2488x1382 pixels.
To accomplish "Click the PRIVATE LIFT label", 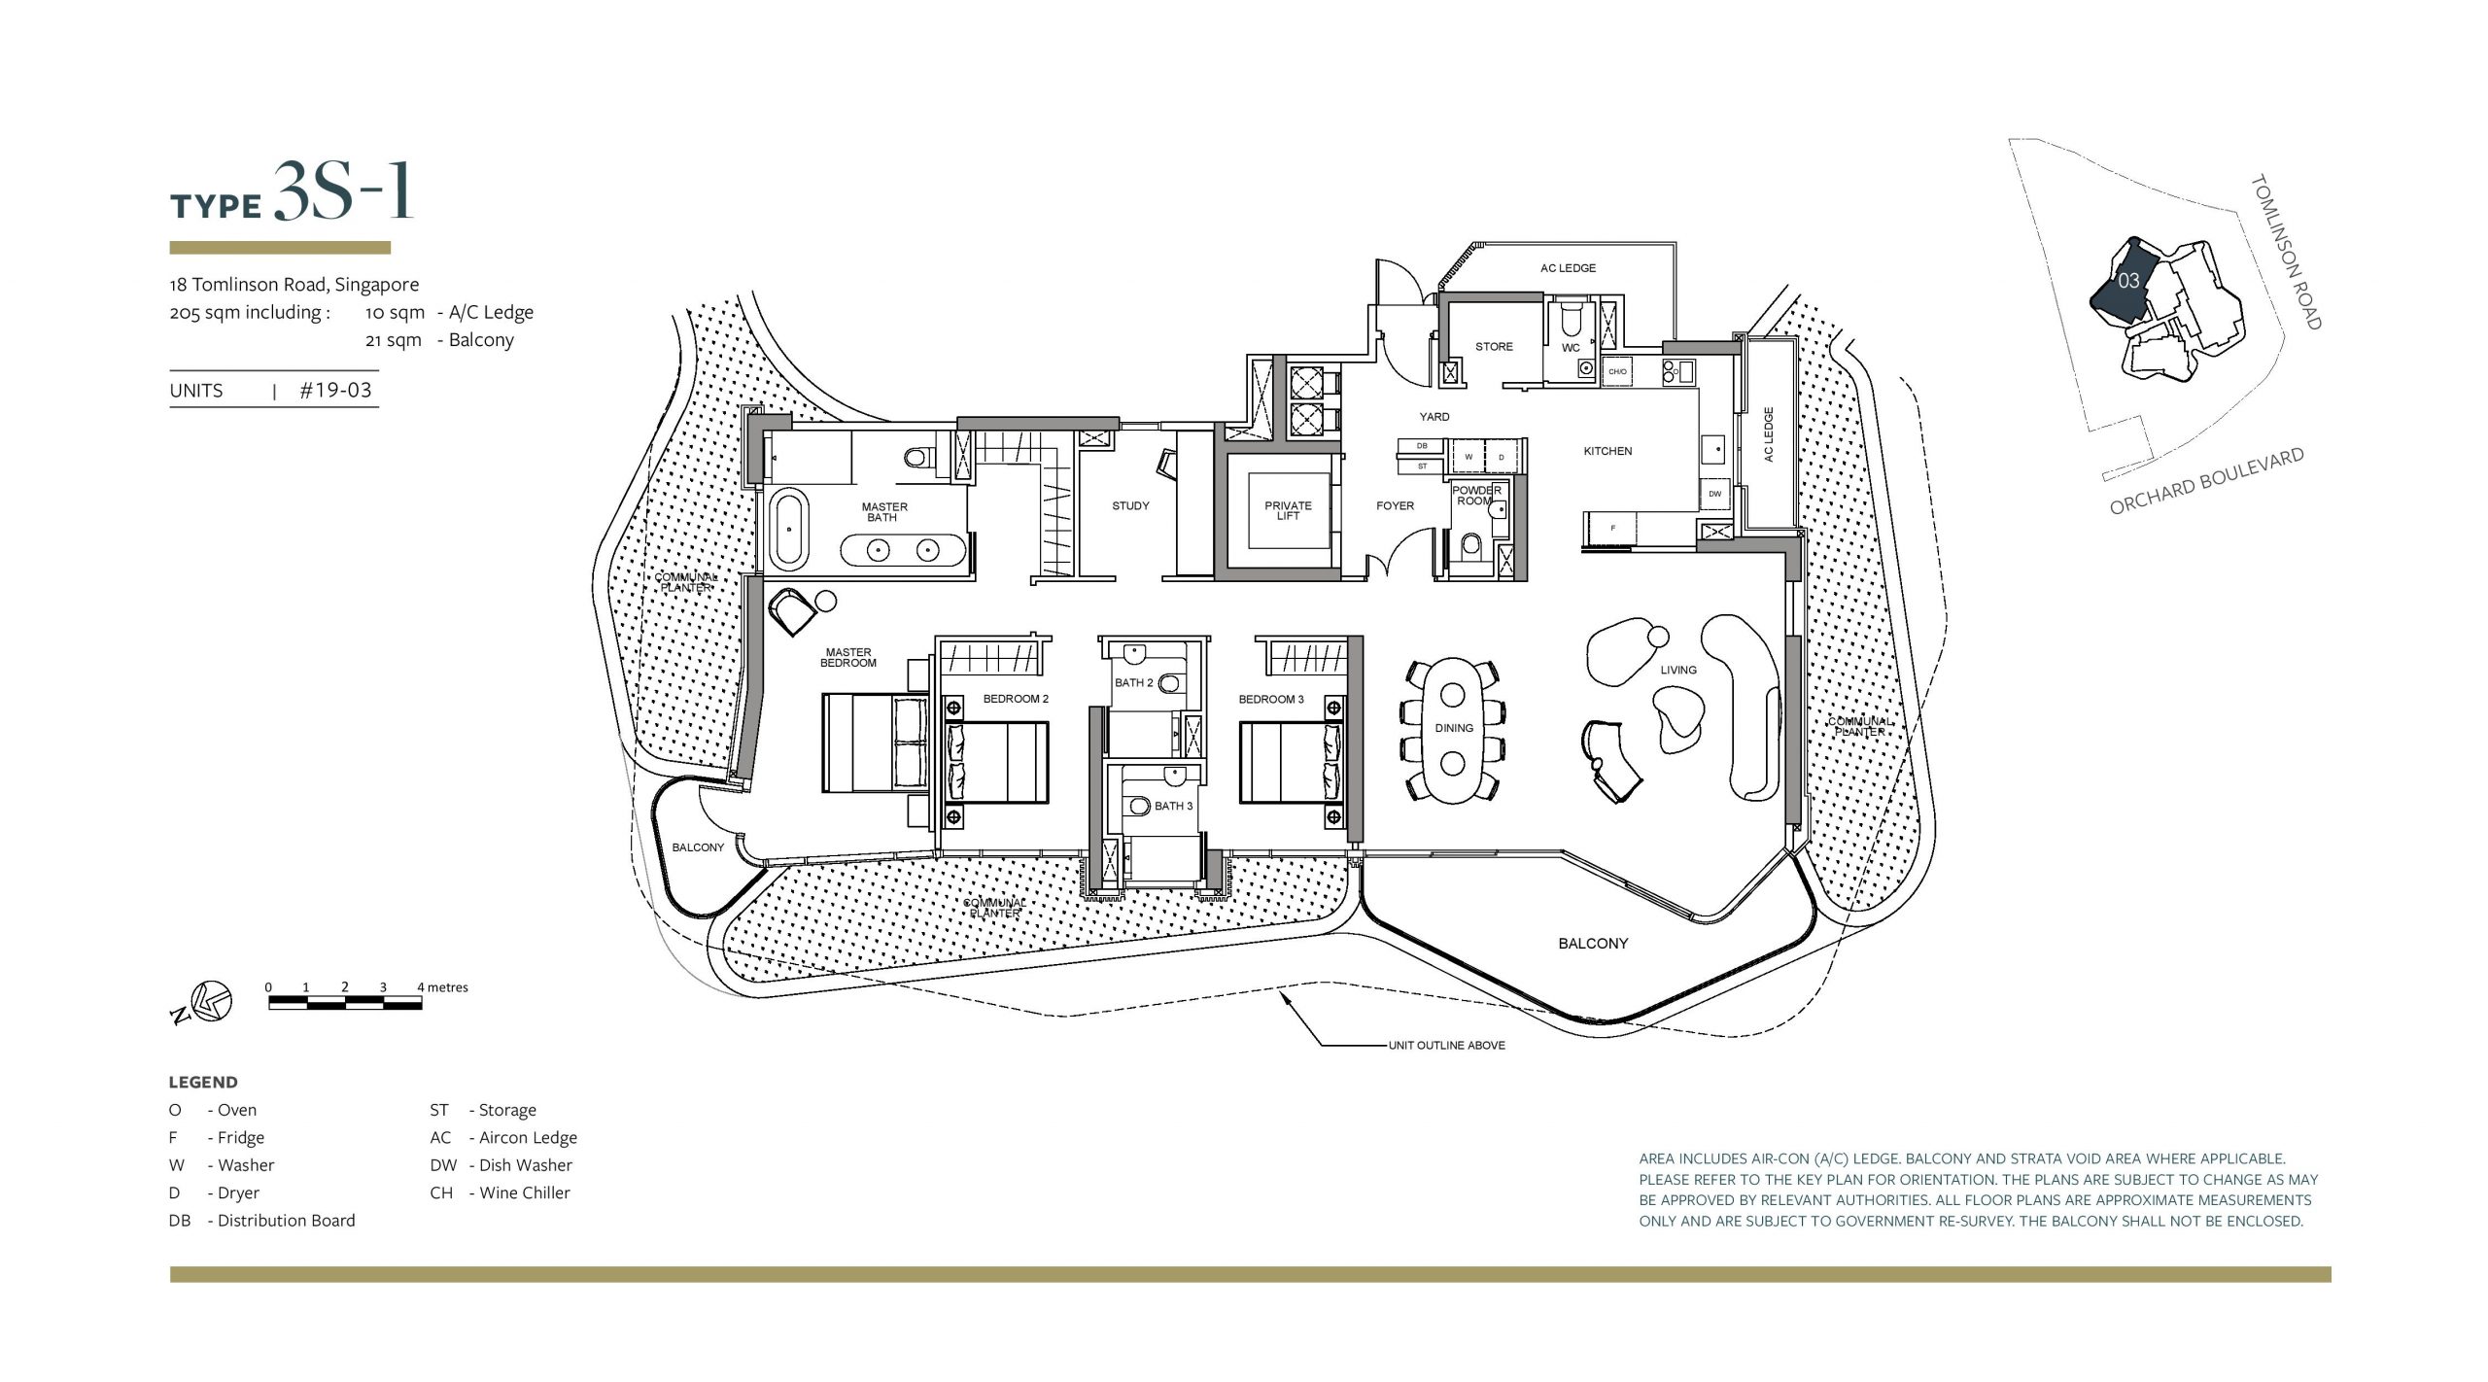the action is click(1288, 510).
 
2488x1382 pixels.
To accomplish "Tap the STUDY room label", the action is click(1130, 505).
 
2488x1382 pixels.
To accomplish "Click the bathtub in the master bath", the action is click(789, 530).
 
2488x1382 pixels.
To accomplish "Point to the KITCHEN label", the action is click(1607, 451).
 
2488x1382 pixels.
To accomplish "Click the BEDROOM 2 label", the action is click(1016, 699).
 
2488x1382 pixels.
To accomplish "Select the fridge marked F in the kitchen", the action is click(1613, 529).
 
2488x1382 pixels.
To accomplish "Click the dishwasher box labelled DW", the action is click(1714, 494).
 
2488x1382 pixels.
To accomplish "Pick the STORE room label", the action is click(1494, 346).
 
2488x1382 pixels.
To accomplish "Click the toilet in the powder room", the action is click(1470, 547).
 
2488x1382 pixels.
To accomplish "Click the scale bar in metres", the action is click(345, 1003).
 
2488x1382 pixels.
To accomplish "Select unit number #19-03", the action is click(335, 390).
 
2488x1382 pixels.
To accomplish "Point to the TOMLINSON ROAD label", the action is click(2286, 252).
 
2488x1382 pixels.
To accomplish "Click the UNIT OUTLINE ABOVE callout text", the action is click(1446, 1045).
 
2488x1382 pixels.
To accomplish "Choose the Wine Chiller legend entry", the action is click(500, 1192).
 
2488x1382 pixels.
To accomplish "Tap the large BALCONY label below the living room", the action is click(1593, 943).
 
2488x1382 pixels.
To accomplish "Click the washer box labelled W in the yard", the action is click(1469, 456).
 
